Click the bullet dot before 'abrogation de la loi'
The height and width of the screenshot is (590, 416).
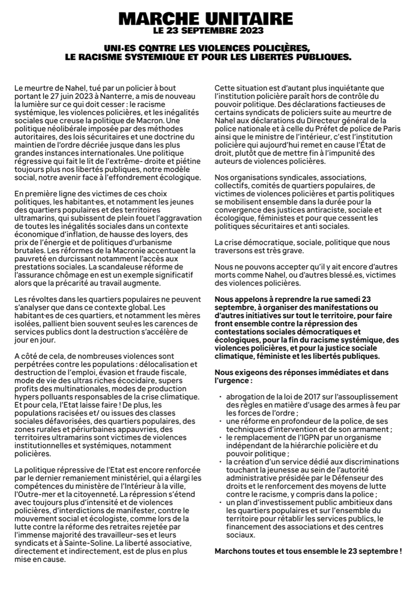coord(221,397)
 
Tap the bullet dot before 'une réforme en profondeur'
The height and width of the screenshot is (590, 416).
coord(221,421)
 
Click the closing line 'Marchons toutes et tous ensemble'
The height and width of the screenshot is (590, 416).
coord(307,551)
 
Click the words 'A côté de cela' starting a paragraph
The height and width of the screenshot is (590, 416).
coord(36,356)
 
